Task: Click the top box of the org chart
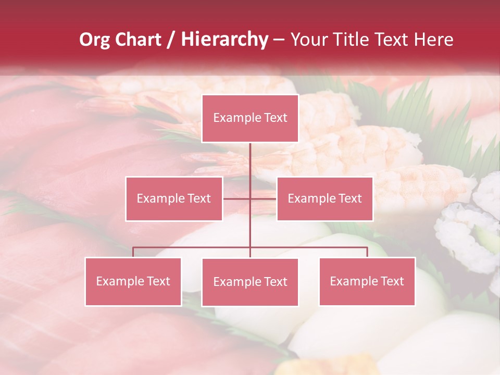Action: click(250, 118)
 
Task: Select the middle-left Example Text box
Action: click(174, 198)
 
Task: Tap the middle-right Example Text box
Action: click(324, 198)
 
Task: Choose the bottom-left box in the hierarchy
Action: click(133, 281)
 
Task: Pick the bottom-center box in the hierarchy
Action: click(250, 282)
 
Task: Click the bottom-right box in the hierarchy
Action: click(367, 281)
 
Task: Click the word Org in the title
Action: click(95, 40)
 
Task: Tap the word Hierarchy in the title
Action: click(224, 40)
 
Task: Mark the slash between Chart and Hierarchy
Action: click(171, 40)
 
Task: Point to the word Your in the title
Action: click(307, 40)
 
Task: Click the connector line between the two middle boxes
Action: click(250, 198)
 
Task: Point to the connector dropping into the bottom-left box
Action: click(133, 252)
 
